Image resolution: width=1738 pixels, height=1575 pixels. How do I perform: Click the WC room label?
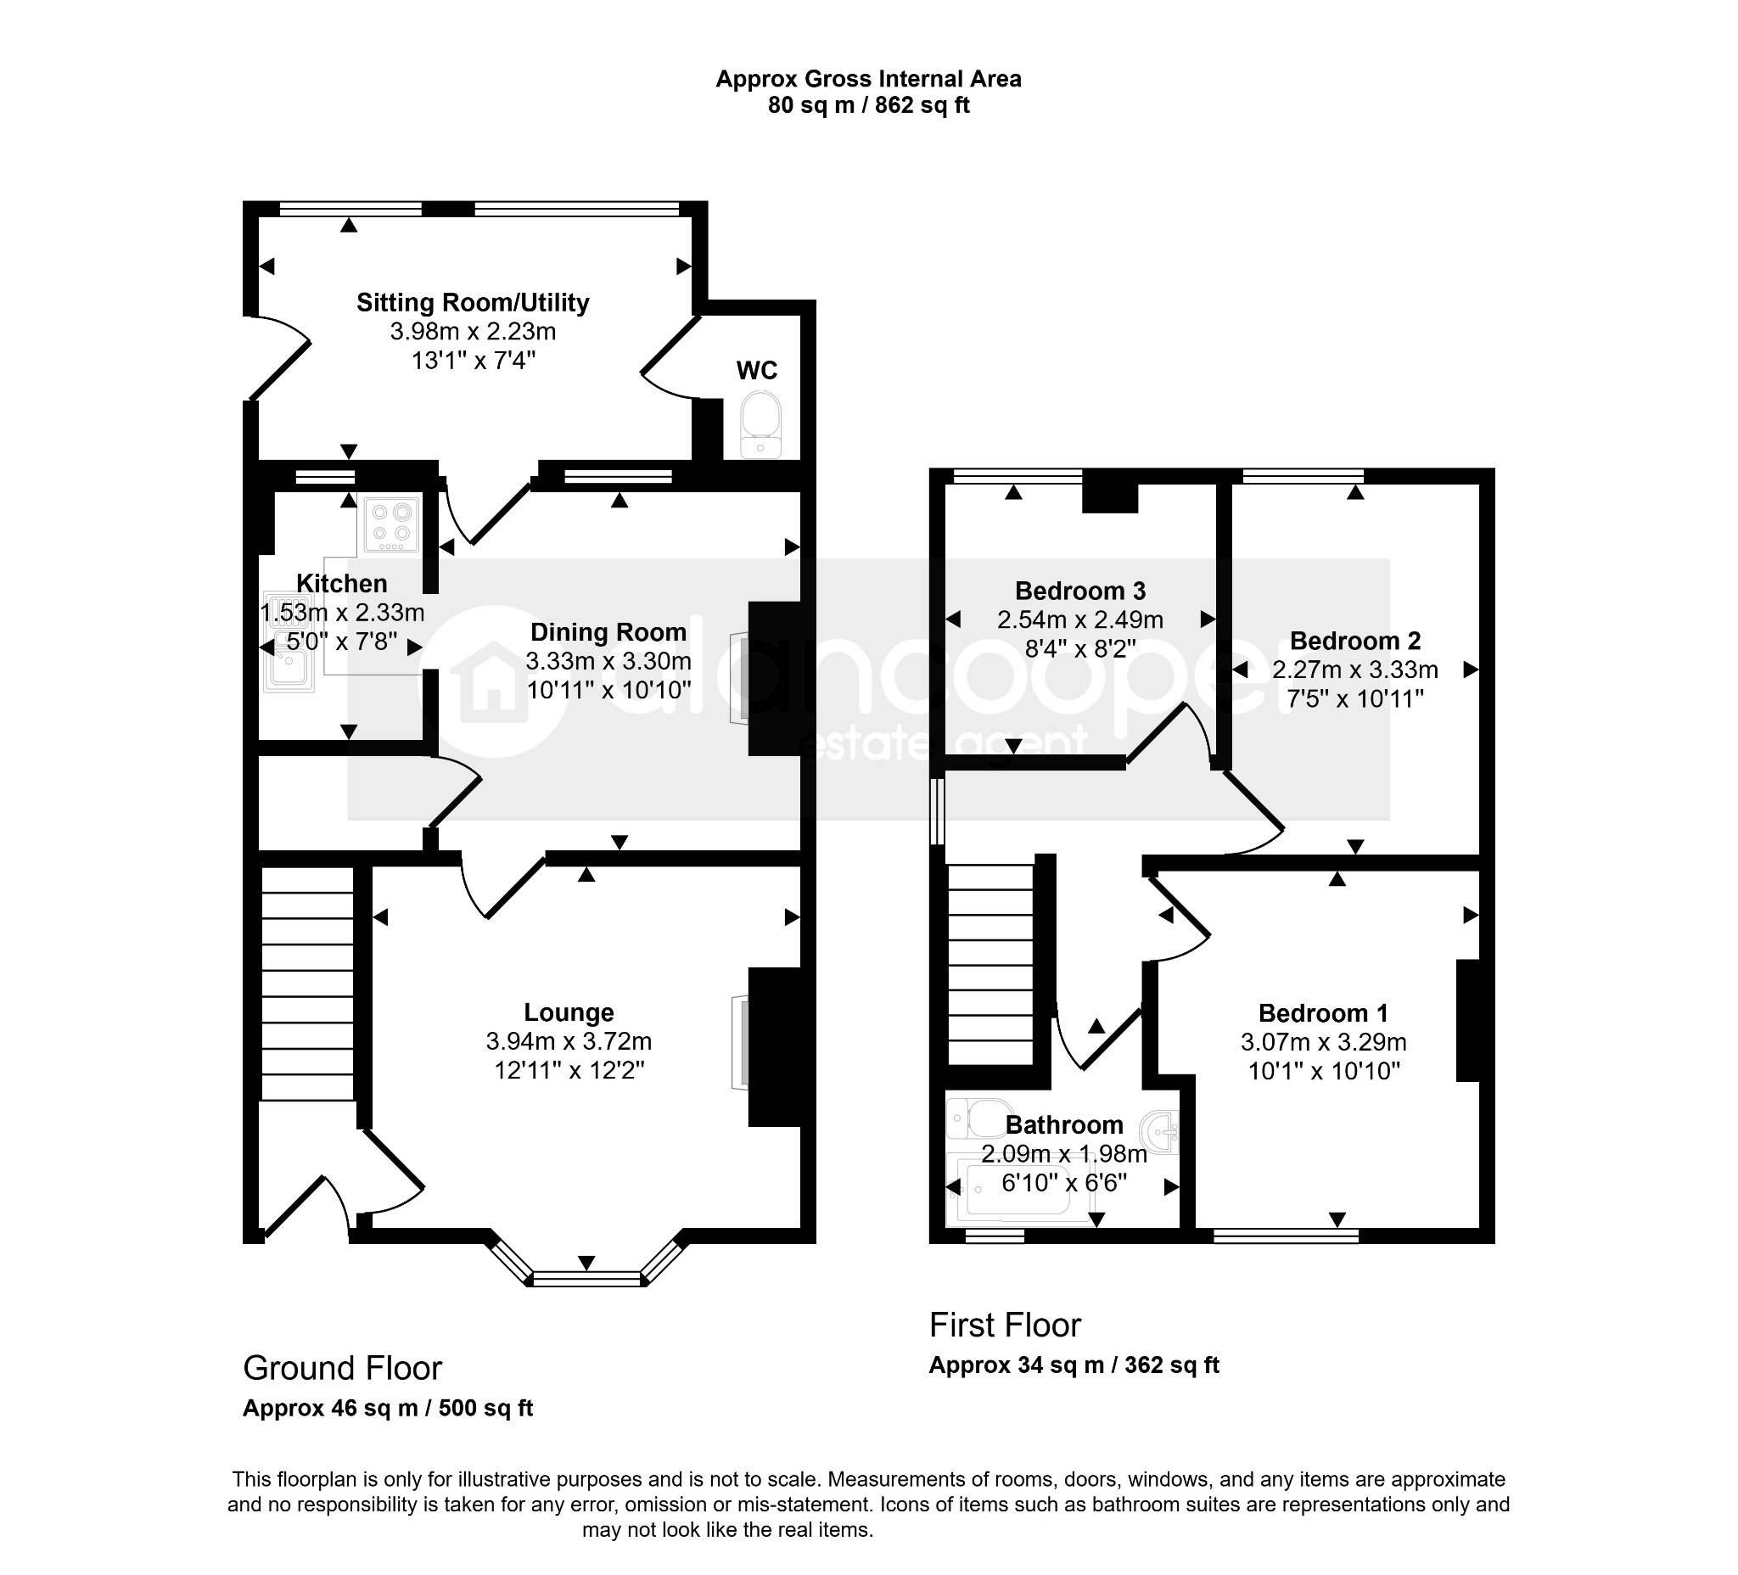756,370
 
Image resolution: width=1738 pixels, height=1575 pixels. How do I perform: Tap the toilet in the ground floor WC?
760,425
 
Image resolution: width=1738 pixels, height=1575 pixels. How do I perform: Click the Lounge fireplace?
740,1044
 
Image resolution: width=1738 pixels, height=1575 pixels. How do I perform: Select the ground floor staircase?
308,984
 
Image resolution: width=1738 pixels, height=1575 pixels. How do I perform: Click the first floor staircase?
990,965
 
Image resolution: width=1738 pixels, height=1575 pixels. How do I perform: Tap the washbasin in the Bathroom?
1160,1131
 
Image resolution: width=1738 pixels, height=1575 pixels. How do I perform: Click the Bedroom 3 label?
1080,591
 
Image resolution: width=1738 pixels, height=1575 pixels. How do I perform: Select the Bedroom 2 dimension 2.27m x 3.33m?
1355,670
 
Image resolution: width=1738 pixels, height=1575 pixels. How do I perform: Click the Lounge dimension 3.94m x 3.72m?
569,1041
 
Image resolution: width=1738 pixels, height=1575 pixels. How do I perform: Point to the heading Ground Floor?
342,1368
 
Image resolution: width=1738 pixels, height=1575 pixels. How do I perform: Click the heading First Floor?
1006,1325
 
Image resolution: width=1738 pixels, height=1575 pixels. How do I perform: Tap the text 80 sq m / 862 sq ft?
869,105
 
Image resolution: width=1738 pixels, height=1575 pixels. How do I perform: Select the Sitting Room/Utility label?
474,303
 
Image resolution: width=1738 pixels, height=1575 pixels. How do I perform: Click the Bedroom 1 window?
1287,1236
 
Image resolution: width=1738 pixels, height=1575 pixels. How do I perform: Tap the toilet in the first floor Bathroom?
979,1118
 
